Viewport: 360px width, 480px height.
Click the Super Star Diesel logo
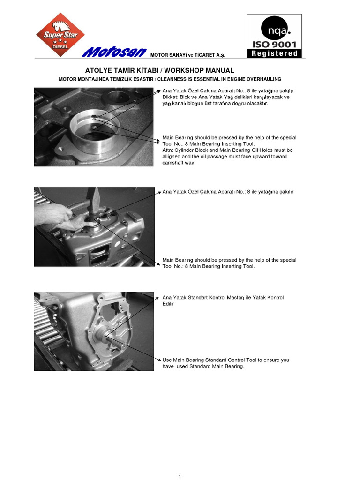tap(60, 35)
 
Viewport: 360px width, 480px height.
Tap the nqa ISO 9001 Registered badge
tap(274, 36)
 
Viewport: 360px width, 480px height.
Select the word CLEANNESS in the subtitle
tap(189, 79)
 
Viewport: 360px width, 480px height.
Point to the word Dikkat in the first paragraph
tap(170, 97)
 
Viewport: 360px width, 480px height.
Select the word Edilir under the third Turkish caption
tap(168, 304)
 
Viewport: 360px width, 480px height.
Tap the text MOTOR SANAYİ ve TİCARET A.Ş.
tap(187, 55)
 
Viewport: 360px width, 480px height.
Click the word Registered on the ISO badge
tap(274, 53)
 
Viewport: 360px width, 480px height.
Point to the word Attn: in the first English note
tap(168, 150)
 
